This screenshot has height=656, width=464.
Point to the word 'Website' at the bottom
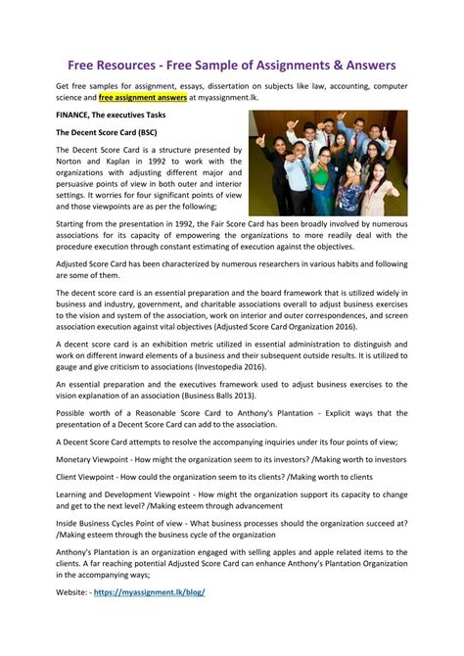click(x=75, y=592)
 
